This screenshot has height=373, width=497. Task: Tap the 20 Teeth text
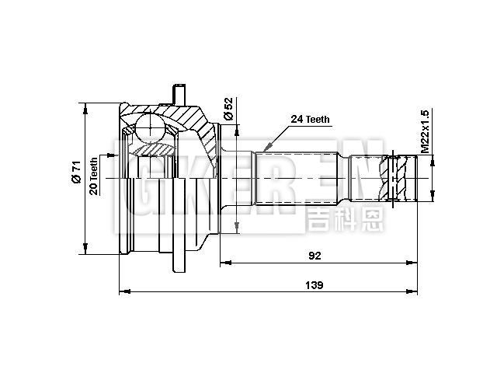point(94,176)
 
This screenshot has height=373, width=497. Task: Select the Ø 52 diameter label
point(228,109)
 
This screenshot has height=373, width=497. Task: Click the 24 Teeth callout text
point(311,120)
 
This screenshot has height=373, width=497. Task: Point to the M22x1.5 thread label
point(424,131)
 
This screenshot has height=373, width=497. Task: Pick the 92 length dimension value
point(314,255)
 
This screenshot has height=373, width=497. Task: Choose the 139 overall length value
point(314,284)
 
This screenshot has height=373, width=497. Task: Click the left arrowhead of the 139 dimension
point(123,292)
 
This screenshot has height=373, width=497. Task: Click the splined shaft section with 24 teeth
point(295,179)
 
